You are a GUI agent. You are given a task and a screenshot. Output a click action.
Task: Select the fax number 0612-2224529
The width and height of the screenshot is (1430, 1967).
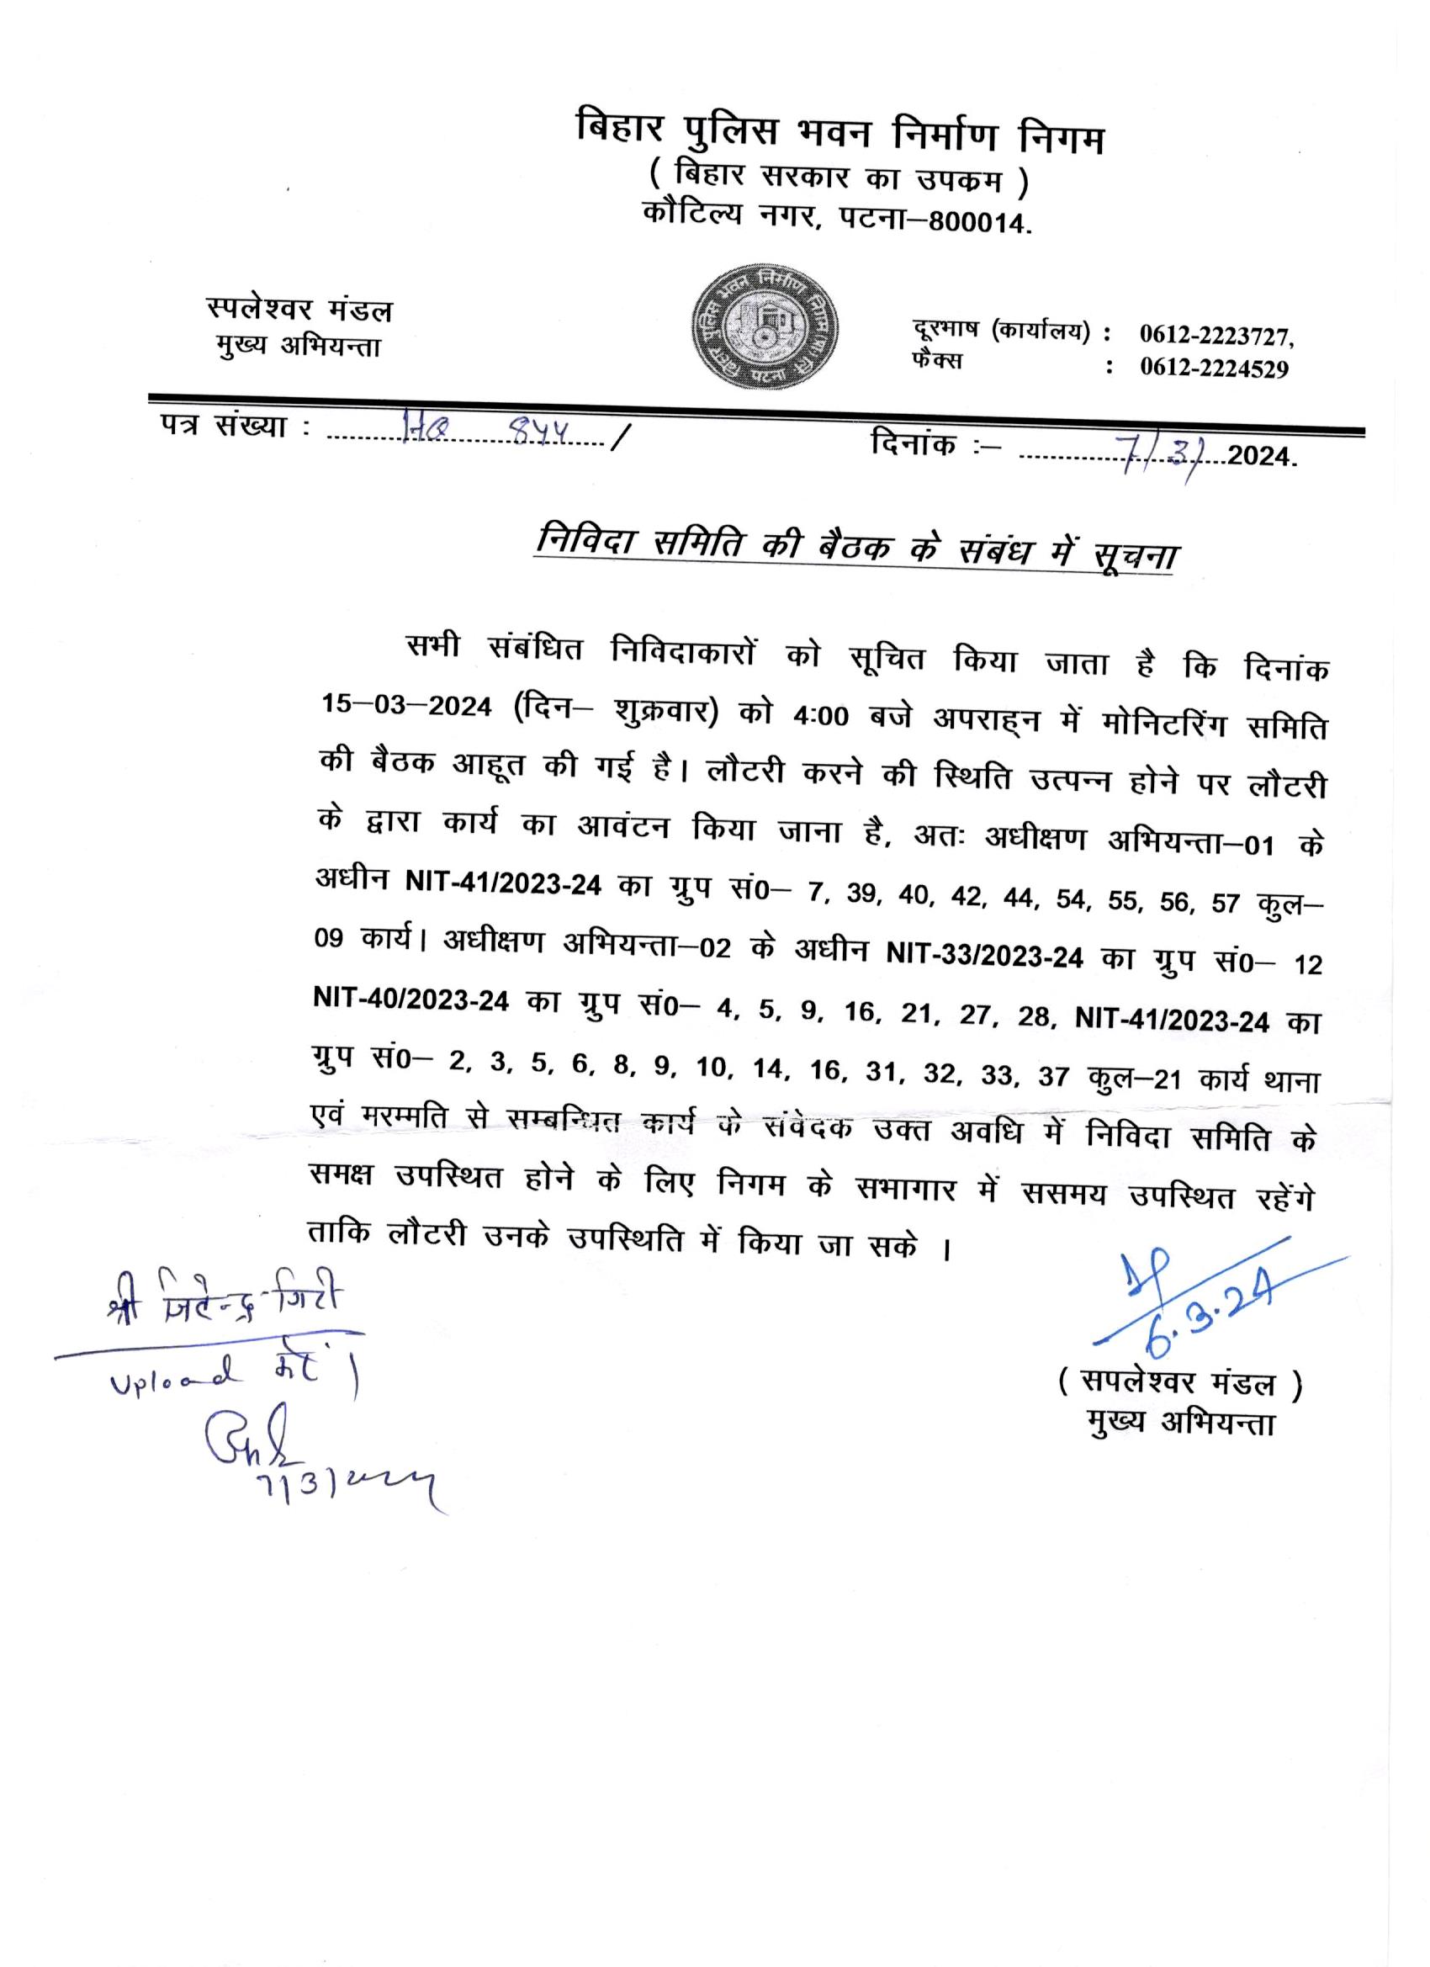coord(1213,369)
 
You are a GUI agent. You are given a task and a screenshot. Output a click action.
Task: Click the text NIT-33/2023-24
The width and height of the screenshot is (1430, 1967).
coord(983,957)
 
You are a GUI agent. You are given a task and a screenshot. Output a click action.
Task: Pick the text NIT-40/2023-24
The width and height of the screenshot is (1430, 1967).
coord(411,1000)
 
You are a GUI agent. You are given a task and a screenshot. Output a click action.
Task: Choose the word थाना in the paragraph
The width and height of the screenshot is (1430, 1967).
coord(1292,1083)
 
